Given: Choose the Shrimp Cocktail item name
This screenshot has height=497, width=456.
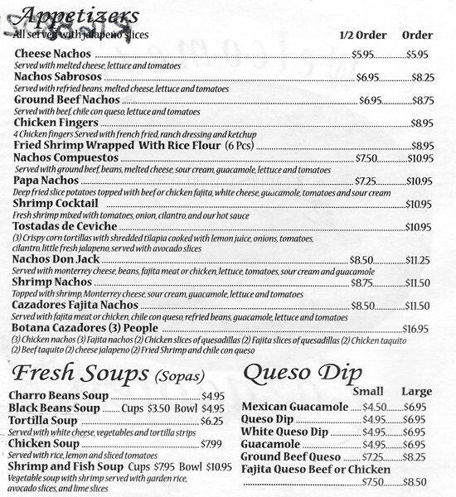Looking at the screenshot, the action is [x=56, y=203].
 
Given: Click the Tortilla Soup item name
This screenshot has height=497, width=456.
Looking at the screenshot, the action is [x=46, y=421].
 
